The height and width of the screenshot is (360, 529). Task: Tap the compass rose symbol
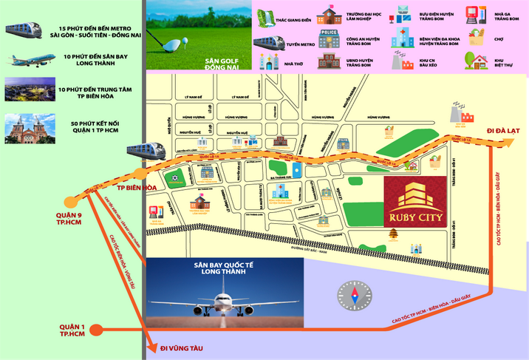[x=352, y=294]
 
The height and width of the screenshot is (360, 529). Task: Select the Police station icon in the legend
[x=330, y=38]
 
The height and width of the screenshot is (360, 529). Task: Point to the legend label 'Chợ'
[x=499, y=38]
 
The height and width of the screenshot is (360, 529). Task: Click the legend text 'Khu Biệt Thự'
[x=505, y=62]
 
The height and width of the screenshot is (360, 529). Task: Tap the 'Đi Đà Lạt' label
[x=500, y=131]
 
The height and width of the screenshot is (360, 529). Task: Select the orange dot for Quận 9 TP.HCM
[x=72, y=200]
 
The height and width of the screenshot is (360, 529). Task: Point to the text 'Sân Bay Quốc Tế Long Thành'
[x=225, y=269]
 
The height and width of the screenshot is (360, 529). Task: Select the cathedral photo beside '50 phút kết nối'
[x=24, y=129]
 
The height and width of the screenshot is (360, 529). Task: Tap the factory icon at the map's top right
[x=463, y=114]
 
